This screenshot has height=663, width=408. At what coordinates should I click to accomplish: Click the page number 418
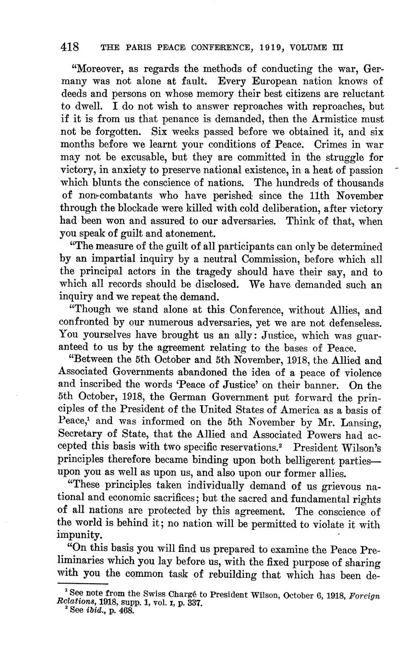click(70, 47)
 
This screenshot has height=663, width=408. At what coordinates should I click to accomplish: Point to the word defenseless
click(353, 323)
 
